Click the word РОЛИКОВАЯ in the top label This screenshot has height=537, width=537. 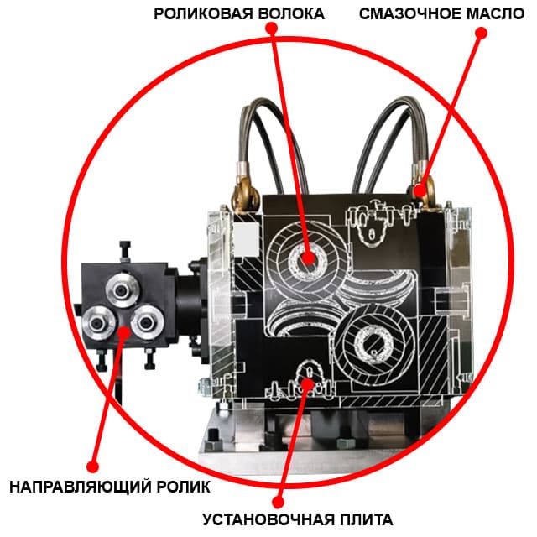click(198, 14)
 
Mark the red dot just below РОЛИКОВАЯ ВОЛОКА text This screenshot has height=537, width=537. click(270, 29)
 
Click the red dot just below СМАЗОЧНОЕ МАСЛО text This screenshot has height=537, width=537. click(481, 33)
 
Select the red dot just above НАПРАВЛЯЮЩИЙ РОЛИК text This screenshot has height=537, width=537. click(93, 465)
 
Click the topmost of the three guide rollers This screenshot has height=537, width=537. click(120, 290)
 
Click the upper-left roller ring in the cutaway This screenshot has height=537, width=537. click(307, 258)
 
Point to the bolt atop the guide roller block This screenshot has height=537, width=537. click(125, 248)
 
